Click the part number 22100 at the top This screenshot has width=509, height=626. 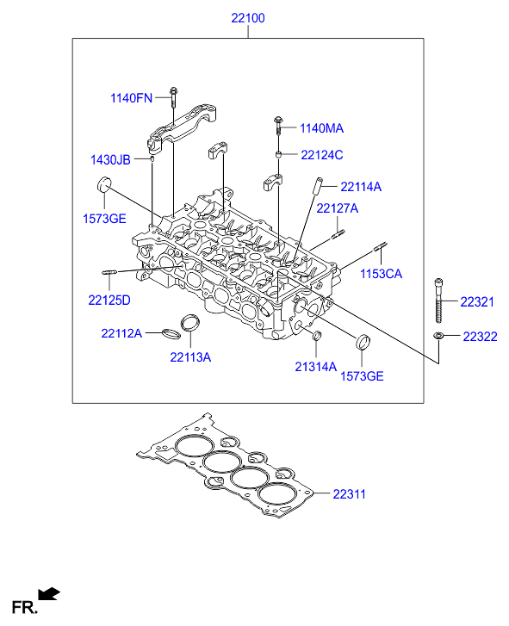248,18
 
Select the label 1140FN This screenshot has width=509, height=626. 132,98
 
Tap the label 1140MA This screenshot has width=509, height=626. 321,128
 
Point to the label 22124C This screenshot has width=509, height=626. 322,155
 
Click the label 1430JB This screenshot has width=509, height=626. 110,159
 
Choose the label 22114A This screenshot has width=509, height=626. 361,187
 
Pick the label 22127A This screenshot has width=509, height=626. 338,208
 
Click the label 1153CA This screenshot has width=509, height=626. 381,274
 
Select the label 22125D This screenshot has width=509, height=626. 109,301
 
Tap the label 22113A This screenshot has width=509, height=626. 190,357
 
